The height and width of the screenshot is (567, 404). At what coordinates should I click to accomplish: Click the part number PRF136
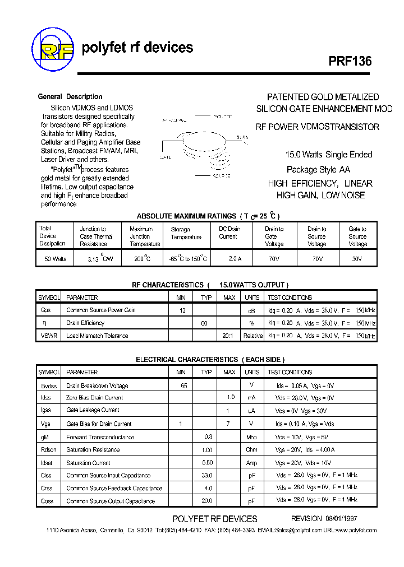(350, 61)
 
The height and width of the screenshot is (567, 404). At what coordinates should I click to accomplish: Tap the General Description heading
(70, 97)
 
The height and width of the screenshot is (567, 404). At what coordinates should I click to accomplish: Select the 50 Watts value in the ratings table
(55, 259)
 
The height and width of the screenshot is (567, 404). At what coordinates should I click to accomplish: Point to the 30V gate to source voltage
(357, 259)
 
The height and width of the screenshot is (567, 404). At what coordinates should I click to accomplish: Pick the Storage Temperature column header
(186, 233)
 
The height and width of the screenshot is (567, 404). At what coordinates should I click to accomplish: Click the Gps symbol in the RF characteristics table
(45, 310)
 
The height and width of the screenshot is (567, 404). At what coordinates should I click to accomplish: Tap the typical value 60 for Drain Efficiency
(204, 323)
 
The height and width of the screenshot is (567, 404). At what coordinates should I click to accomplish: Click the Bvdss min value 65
(183, 385)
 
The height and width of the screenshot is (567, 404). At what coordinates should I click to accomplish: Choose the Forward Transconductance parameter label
(100, 437)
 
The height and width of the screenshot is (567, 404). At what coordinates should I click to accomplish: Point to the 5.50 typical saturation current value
(207, 463)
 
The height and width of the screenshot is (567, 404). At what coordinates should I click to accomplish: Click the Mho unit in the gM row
(251, 437)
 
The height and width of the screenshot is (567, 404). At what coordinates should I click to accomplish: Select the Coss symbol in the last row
(47, 501)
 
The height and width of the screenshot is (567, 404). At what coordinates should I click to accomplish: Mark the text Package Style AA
(319, 169)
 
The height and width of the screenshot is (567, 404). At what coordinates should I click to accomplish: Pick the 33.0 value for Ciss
(207, 475)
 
